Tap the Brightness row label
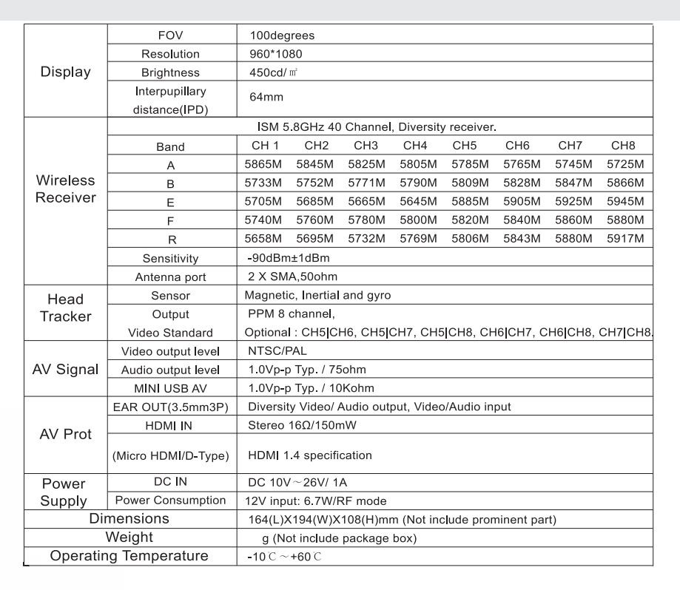(x=172, y=73)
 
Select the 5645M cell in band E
(x=420, y=201)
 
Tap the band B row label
(x=172, y=183)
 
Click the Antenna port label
(x=172, y=277)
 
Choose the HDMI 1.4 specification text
(x=310, y=455)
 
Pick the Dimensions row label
(x=129, y=519)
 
